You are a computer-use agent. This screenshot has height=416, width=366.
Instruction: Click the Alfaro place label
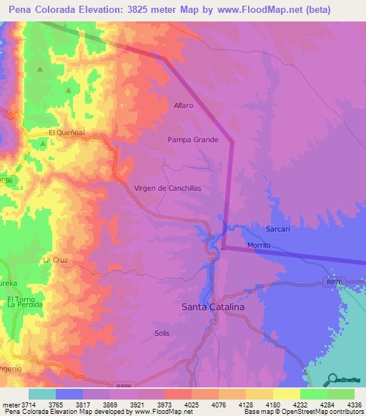[184, 106]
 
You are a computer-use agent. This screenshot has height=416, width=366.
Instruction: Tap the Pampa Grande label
[193, 140]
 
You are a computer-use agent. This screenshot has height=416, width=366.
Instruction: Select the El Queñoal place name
[66, 133]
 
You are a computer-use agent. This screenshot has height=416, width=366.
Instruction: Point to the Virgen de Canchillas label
[168, 188]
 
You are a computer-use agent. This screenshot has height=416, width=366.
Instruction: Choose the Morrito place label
[259, 245]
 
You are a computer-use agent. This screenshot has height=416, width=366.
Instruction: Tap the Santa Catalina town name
[213, 306]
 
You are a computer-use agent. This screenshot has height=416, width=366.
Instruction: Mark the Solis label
[162, 333]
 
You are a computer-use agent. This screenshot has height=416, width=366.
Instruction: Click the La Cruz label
[55, 260]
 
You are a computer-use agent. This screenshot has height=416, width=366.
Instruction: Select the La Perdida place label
[25, 304]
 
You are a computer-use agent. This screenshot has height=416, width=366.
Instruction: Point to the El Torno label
[21, 298]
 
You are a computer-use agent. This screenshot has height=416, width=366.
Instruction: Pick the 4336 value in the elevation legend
[352, 405]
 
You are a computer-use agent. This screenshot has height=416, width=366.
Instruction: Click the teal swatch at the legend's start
[42, 394]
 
